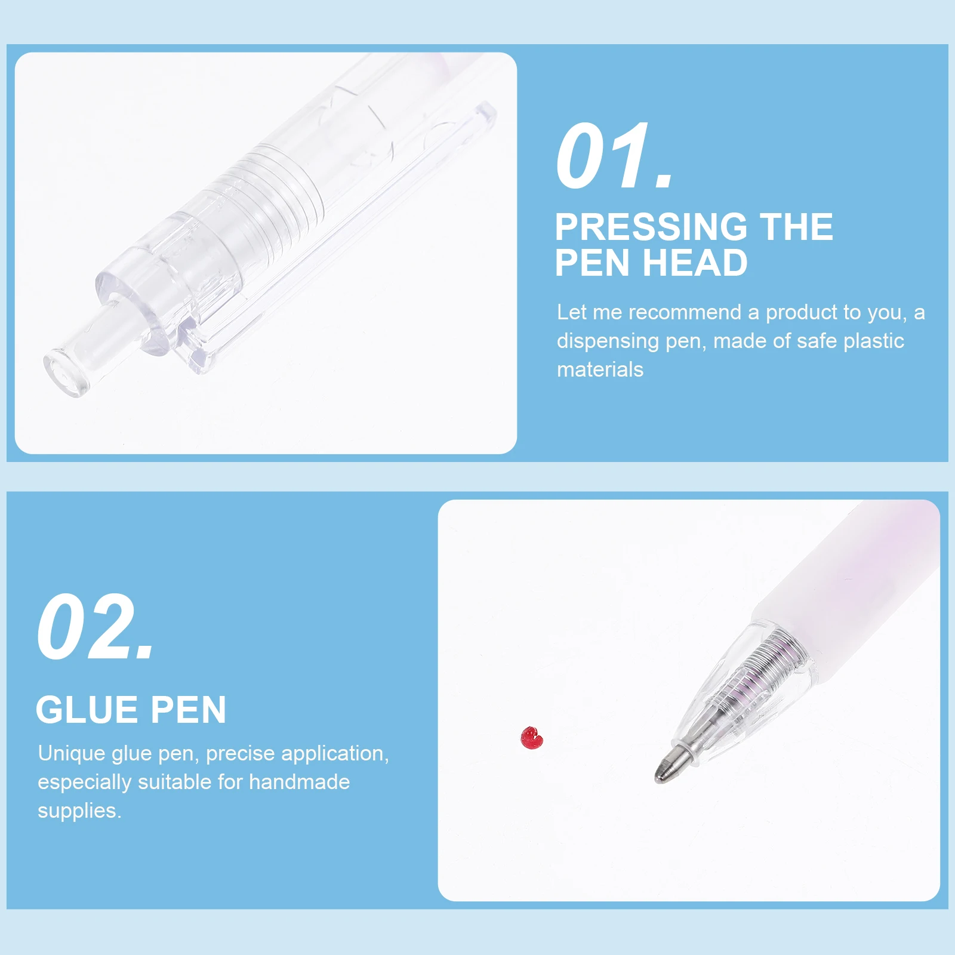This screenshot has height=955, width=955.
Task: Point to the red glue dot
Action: tap(531, 738)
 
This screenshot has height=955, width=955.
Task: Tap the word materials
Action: tap(600, 369)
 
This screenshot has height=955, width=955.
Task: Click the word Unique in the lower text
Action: tap(72, 753)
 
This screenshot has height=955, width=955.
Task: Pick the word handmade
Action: tap(299, 782)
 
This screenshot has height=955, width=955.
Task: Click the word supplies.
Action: tap(79, 811)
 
